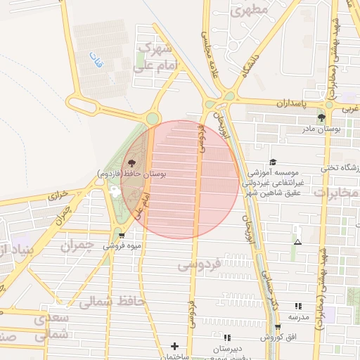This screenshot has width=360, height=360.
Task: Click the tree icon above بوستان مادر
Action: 321,117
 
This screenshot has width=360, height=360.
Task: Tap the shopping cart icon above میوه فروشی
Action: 122,236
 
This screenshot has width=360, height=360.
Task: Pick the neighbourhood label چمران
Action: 76,246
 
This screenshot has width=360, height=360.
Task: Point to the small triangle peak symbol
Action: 297,242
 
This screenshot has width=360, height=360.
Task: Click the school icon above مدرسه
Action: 298,307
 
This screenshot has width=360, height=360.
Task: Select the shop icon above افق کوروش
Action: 278,328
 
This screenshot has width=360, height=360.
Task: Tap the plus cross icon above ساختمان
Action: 174,346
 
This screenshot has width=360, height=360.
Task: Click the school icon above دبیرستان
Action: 227,338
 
